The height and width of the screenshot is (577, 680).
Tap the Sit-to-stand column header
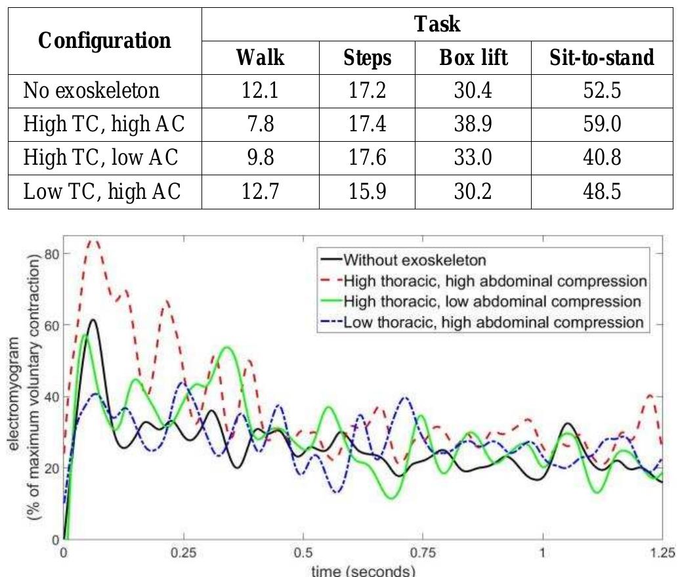(602, 58)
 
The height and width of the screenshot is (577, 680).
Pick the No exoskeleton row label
(91, 90)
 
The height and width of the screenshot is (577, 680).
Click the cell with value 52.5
(602, 90)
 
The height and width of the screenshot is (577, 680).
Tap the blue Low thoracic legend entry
(482, 322)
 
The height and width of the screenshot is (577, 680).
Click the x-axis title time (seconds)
(363, 570)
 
